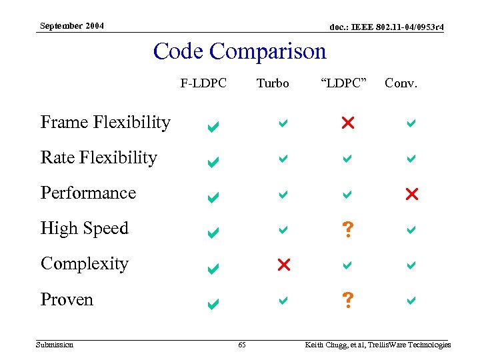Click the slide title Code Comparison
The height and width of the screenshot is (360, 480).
click(x=240, y=51)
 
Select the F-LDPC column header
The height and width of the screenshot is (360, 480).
click(x=203, y=83)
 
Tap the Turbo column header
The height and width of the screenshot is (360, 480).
click(x=273, y=83)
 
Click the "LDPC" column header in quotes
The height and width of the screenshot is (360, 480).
click(x=344, y=83)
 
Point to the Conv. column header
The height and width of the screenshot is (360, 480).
click(x=401, y=83)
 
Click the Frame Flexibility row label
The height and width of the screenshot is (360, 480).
click(x=105, y=123)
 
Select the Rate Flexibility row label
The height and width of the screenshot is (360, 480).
click(x=99, y=158)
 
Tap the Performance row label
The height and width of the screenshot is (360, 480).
click(x=88, y=193)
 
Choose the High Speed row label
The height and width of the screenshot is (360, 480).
click(x=84, y=229)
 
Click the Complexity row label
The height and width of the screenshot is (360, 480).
click(x=84, y=264)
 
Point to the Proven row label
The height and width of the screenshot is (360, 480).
click(x=67, y=300)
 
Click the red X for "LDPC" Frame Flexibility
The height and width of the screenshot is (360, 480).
click(x=347, y=123)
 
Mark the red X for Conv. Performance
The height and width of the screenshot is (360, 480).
click(x=411, y=194)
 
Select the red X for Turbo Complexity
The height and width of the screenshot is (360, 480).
click(x=283, y=265)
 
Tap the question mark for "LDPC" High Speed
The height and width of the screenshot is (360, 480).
click(x=347, y=230)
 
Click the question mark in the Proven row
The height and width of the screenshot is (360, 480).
click(x=347, y=301)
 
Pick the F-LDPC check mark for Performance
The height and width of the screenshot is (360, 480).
click(x=213, y=197)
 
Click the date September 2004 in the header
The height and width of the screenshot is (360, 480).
click(x=71, y=26)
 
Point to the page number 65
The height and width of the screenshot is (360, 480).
click(x=242, y=345)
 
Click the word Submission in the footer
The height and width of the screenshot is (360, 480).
click(x=55, y=345)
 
